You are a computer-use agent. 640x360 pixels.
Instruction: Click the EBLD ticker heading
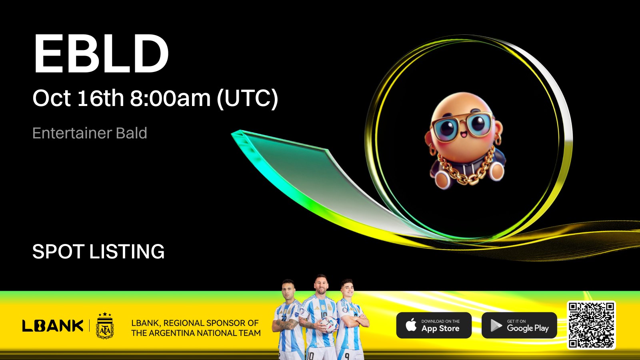(101, 54)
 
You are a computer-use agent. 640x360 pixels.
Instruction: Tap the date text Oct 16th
(78, 98)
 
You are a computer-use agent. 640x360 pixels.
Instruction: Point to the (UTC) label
(248, 98)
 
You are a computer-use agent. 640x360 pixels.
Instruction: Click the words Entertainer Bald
(90, 133)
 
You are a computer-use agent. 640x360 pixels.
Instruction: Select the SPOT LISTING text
(98, 252)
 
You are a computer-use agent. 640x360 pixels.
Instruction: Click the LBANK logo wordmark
(53, 326)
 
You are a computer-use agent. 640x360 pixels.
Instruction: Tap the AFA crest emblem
(105, 326)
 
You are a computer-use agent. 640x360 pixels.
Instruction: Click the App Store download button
(434, 325)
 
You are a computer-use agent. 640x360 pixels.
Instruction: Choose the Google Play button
(519, 325)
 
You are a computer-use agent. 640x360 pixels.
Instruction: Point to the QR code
(591, 325)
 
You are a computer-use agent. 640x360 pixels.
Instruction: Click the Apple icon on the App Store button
(411, 325)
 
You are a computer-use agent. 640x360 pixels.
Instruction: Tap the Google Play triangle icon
(496, 326)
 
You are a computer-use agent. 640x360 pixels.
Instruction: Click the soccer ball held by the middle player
(328, 324)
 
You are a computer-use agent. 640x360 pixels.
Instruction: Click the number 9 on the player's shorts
(346, 356)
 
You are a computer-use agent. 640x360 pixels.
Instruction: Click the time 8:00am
(170, 98)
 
